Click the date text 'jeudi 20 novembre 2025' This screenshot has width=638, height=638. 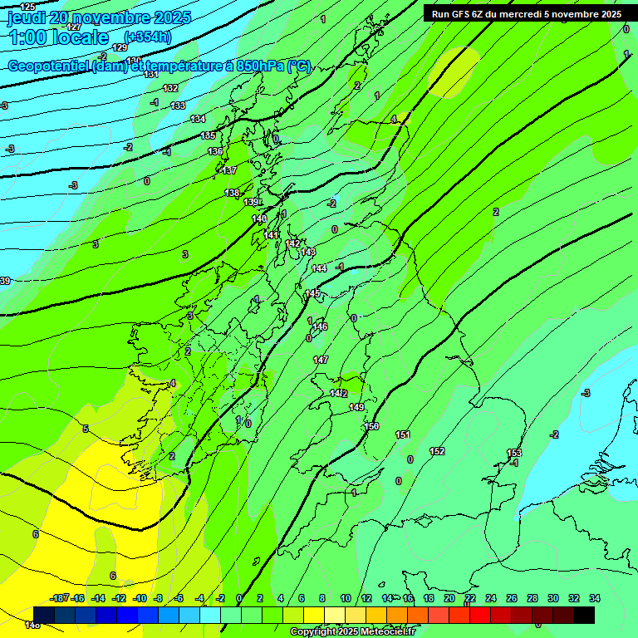click(99, 17)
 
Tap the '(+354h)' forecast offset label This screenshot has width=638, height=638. click(148, 37)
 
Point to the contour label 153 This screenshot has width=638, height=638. click(514, 453)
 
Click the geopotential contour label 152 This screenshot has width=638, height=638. click(437, 451)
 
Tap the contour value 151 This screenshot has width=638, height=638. click(403, 434)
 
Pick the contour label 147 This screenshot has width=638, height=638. click(321, 360)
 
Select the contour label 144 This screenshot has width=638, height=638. click(319, 268)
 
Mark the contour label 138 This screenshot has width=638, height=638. click(232, 193)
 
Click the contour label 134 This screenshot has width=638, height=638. click(198, 120)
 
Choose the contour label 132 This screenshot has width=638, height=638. click(170, 88)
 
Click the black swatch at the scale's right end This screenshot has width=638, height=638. click(584, 614)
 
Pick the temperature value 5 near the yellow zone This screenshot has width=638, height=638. click(86, 429)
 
